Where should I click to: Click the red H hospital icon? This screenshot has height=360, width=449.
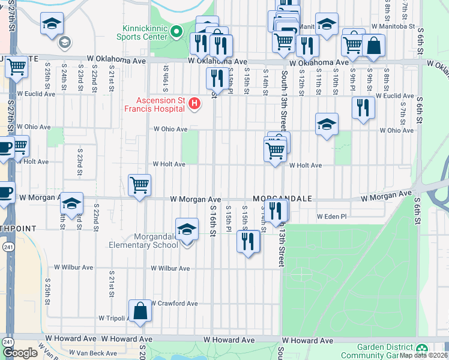[x=194, y=104]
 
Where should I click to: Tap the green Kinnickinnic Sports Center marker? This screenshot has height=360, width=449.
[x=176, y=31]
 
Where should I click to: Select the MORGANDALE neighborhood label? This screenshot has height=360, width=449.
[x=278, y=198]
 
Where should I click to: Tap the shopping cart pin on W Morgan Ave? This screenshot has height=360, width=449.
[x=139, y=185]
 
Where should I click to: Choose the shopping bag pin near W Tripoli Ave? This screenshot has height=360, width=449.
[x=139, y=311]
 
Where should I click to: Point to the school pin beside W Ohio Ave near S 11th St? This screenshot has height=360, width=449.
[x=327, y=124]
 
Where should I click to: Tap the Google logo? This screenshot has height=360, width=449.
[x=20, y=353]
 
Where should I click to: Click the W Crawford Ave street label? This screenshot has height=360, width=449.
[x=175, y=304]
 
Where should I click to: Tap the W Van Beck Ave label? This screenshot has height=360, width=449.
[x=93, y=353]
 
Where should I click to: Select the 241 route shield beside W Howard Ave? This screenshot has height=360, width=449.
[x=7, y=341]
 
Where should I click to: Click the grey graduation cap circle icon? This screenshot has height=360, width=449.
[x=64, y=42]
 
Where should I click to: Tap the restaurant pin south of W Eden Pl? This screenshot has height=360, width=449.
[x=248, y=241]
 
